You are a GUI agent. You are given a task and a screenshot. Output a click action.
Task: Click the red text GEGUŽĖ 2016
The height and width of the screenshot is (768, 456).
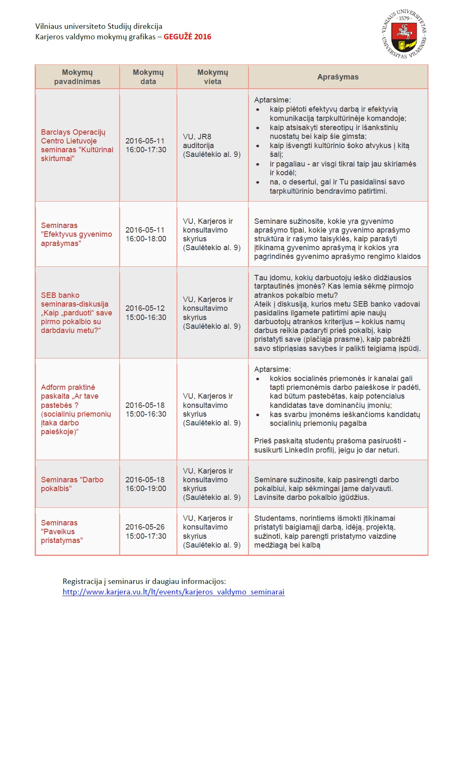coord(187,37)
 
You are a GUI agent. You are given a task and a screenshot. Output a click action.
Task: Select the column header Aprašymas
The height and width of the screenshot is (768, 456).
coord(338,77)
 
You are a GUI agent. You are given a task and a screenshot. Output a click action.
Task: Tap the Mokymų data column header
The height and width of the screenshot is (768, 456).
coord(148,77)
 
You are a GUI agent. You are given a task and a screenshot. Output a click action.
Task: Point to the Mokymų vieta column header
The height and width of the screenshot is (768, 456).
coord(213,77)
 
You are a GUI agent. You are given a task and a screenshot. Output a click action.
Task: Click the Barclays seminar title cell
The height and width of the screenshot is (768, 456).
coord(77,145)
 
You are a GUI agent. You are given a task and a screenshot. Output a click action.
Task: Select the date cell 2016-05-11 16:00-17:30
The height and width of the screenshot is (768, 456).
coord(146,145)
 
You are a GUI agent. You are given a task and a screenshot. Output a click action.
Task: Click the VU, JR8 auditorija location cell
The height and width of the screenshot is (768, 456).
coord(212,146)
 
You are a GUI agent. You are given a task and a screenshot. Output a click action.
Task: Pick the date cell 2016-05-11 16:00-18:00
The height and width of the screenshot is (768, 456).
coord(146,234)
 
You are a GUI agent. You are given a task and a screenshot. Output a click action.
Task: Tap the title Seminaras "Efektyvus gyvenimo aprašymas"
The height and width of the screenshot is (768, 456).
coord(77,234)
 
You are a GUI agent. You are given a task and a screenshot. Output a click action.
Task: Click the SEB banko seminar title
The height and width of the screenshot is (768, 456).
coord(77,313)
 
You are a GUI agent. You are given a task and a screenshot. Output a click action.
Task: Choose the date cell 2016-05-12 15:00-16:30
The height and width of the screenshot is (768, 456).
coord(146,313)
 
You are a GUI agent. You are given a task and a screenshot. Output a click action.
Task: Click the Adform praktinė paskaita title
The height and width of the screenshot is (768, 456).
coord(76,410)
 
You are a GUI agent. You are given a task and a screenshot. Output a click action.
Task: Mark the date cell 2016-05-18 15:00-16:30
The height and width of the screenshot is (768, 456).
coord(146,410)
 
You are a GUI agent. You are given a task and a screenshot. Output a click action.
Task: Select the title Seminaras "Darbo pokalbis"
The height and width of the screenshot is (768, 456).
coord(72,484)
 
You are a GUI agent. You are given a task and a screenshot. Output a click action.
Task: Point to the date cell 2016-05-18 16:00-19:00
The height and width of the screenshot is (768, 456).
coord(146,484)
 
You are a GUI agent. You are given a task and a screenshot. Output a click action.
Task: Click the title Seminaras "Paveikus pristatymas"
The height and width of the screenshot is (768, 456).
coord(62,532)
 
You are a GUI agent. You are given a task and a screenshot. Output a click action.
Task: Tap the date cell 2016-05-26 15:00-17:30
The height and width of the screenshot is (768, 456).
coord(146,532)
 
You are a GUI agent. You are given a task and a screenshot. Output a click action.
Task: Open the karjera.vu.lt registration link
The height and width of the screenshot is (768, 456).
coord(174,592)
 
